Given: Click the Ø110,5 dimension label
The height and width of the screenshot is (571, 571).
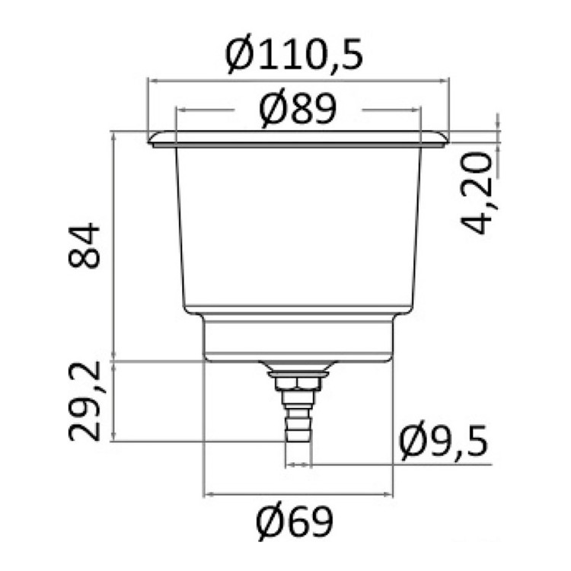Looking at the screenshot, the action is (294, 55).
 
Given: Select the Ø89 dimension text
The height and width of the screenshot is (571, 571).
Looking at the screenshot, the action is (298, 108).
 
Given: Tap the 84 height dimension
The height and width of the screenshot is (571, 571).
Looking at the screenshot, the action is (84, 245).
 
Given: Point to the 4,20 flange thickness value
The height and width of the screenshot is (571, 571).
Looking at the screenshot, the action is (477, 193).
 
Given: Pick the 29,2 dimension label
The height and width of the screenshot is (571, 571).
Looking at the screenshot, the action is (84, 400).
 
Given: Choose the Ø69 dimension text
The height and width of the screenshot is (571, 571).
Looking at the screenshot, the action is (294, 522).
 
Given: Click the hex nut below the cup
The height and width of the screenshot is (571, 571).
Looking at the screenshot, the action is (298, 384).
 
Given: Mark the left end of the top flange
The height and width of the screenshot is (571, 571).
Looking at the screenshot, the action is (148, 141).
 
